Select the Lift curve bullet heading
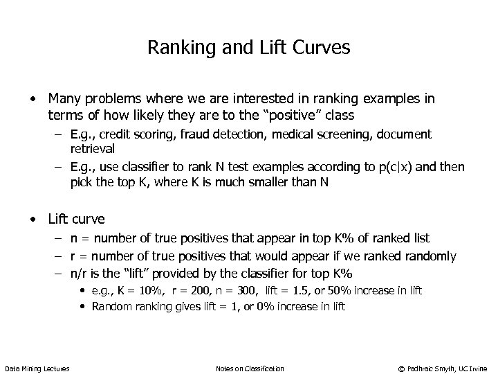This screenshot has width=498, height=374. (76, 220)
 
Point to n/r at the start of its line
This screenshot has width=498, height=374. (79, 274)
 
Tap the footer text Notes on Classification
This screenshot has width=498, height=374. (250, 368)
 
